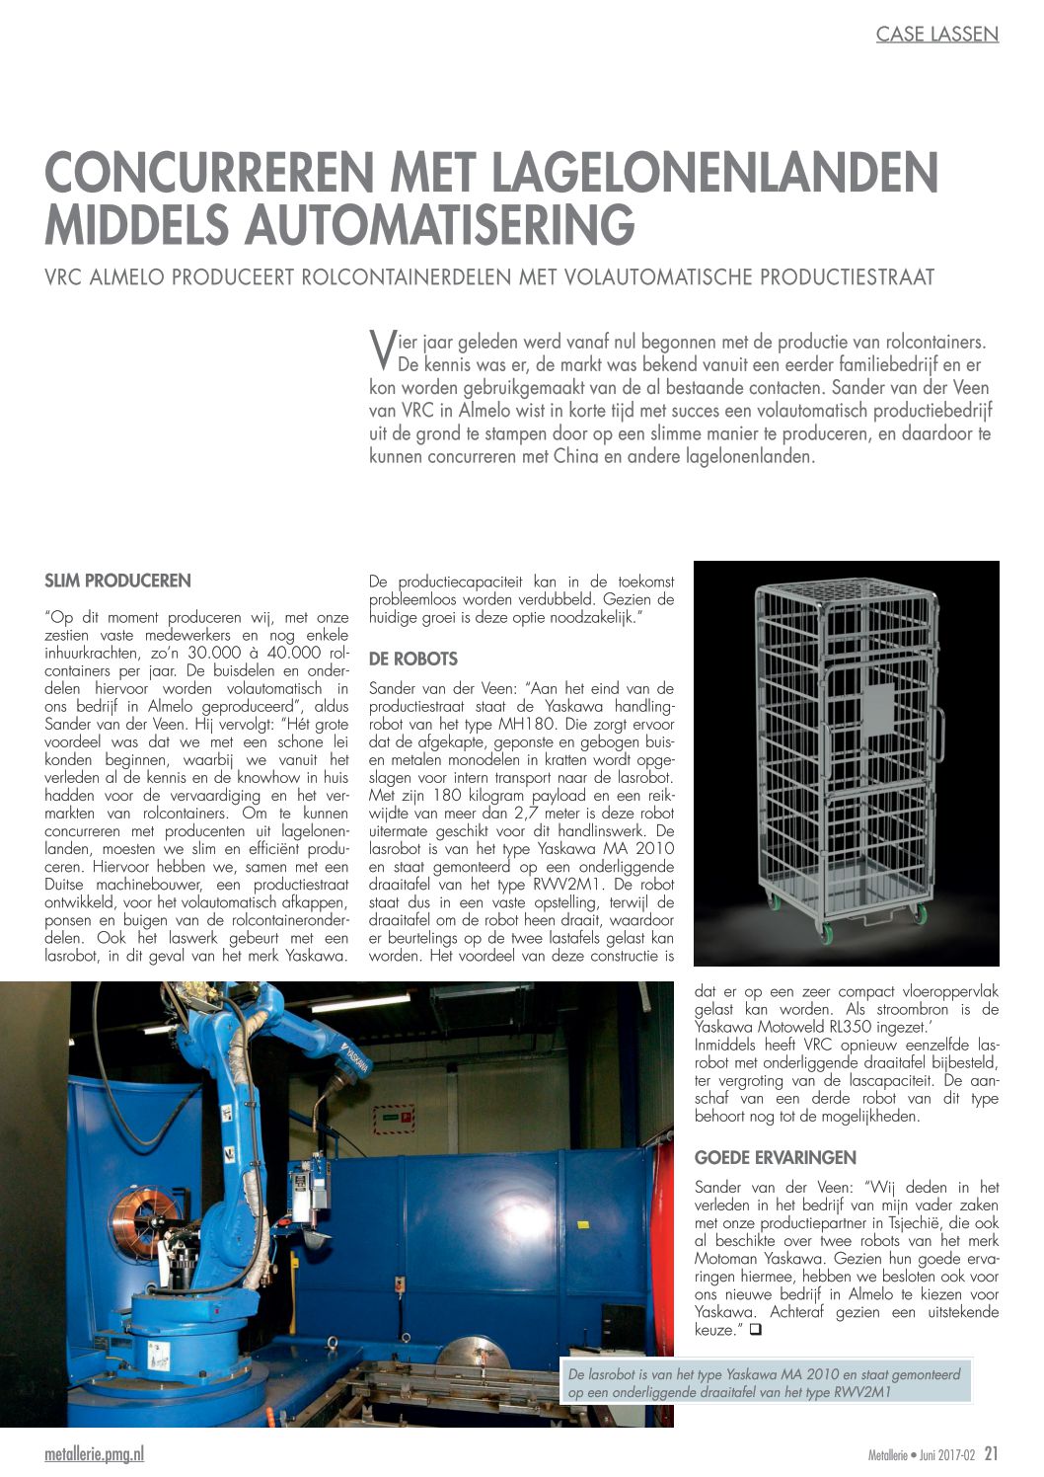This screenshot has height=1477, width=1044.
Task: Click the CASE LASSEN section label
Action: (x=936, y=35)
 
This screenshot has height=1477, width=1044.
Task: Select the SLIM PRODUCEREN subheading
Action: (x=117, y=581)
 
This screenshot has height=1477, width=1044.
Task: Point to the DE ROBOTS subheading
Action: (x=412, y=659)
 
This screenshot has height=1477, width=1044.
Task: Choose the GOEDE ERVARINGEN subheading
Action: (x=775, y=1157)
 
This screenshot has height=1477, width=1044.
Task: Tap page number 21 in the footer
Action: (x=991, y=1453)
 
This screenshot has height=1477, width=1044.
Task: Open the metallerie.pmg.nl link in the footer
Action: (x=94, y=1454)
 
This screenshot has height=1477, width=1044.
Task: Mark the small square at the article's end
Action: (x=756, y=1330)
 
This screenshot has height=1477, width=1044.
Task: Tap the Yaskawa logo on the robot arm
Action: (x=355, y=1061)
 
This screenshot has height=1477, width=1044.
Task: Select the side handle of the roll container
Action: (x=939, y=736)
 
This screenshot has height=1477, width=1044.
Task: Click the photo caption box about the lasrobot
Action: (x=766, y=1382)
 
